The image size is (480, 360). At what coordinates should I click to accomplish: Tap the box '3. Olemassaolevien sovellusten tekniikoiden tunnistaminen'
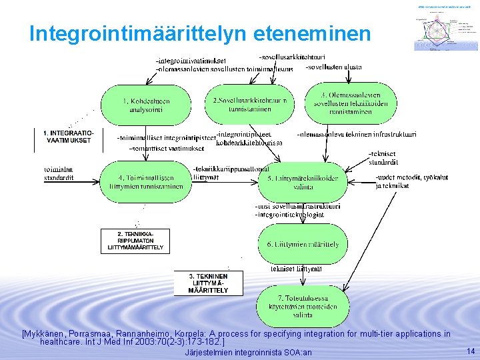pos(341,103)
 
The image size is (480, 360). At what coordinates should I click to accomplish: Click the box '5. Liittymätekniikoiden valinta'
pos(302,182)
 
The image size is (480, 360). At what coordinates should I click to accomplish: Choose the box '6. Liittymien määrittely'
pos(302,245)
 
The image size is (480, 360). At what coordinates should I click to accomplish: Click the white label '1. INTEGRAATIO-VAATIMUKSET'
pos(68,137)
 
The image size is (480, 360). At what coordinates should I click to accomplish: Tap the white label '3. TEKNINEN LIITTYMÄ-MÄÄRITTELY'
pos(207,283)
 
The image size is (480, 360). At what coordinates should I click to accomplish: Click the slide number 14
pos(470,351)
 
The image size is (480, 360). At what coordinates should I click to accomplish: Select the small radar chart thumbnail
pos(441,26)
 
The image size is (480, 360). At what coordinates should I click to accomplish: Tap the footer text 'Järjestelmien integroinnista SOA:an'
pos(247,352)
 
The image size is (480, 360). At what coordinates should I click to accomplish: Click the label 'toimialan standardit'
pos(59,174)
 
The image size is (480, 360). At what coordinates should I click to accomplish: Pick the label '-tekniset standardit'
pos(384,158)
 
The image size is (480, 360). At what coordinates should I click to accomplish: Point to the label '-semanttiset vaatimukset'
pos(166,148)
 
